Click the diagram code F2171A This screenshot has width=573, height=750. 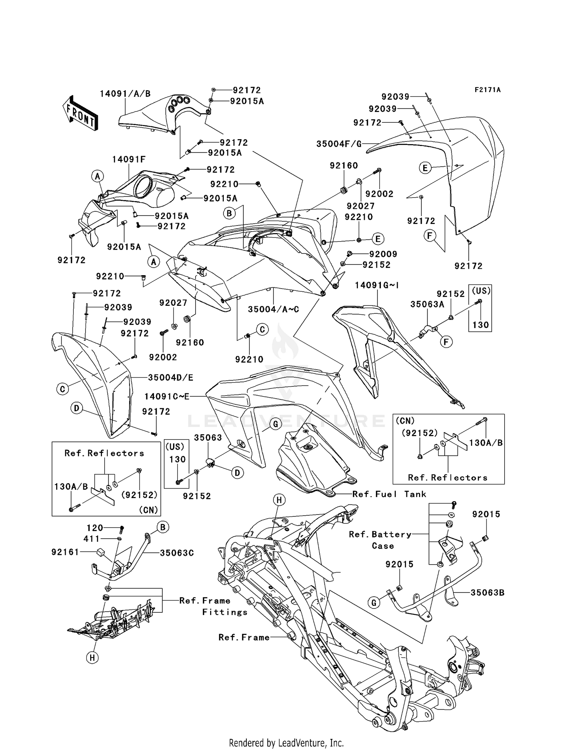point(487,90)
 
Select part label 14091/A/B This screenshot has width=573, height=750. point(125,94)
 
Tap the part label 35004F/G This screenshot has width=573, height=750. point(339,144)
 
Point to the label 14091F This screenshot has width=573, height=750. point(129,159)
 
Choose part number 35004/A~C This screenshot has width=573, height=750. point(274,309)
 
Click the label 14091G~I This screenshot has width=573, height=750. point(377,285)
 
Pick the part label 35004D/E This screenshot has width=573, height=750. point(171,377)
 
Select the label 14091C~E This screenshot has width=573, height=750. point(167,396)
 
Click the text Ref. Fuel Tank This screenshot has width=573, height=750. point(389,494)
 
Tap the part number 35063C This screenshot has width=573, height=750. point(177,553)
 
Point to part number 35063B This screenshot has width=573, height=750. point(487,593)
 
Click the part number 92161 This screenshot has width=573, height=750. point(65,552)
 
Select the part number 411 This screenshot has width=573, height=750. point(92,539)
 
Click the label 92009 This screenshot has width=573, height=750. point(383,254)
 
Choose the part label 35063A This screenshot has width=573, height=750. point(427,304)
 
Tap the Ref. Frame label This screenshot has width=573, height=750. point(244,637)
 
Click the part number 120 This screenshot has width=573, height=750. point(95,528)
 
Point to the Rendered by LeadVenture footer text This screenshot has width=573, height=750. point(286,743)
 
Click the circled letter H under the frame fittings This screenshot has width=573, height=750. point(92,657)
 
